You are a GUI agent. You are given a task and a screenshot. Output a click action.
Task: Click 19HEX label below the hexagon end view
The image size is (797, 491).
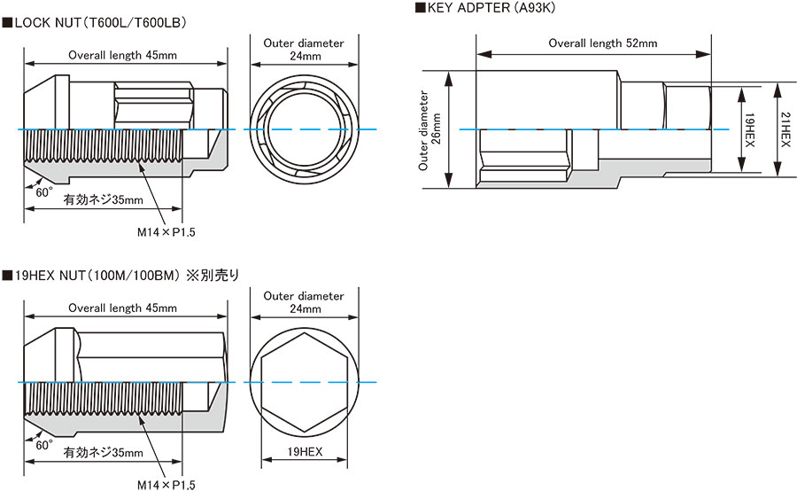tap(304, 451)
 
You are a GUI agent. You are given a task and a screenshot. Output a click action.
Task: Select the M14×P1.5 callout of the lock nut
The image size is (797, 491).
tap(166, 232)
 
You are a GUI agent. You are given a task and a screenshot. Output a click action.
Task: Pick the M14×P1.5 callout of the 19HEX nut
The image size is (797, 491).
tap(166, 485)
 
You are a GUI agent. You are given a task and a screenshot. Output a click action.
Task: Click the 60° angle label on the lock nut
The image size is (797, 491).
tap(44, 191)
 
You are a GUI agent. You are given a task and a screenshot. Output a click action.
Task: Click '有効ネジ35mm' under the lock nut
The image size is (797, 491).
tap(104, 200)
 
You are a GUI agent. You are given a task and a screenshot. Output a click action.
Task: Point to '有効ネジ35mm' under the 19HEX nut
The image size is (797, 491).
tap(104, 453)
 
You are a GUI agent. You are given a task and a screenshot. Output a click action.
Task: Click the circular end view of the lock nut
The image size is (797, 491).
tap(304, 129)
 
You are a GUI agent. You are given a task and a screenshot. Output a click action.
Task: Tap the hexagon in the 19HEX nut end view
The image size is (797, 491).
tap(304, 382)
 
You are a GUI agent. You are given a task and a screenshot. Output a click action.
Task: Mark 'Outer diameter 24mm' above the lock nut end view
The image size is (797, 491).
tap(304, 49)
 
